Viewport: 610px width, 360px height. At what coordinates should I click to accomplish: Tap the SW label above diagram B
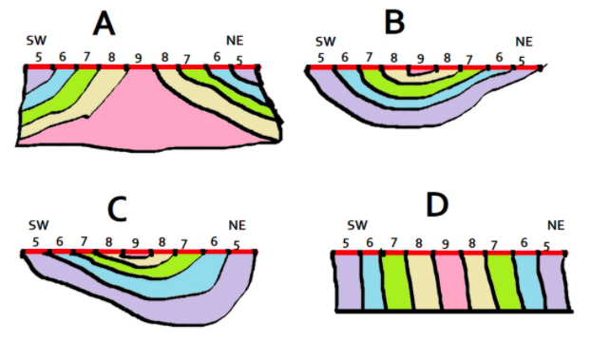(x=326, y=42)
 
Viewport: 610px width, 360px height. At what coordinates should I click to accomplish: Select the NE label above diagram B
(x=524, y=42)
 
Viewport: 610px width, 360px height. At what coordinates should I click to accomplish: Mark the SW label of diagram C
(x=37, y=225)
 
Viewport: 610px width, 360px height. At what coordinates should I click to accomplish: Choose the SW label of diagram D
(x=356, y=225)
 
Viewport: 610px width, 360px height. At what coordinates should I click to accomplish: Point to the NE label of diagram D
(x=556, y=225)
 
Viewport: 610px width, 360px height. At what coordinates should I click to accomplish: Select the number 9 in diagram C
(x=135, y=243)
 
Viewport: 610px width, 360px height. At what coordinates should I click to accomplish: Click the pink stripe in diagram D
(x=450, y=282)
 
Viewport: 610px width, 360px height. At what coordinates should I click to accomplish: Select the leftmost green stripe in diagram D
(x=396, y=282)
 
